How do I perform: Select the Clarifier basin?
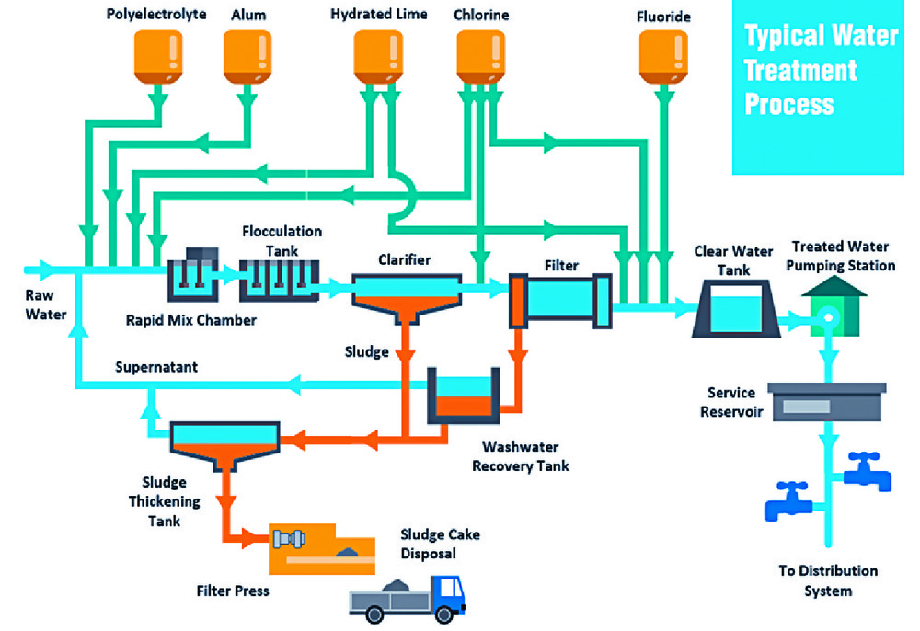tap(406, 296)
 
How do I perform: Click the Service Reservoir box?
tap(826, 402)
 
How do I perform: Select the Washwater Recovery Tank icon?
tap(464, 396)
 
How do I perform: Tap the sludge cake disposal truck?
tap(406, 597)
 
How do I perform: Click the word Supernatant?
tap(155, 367)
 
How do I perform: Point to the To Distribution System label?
tap(828, 580)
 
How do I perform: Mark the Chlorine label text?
tap(481, 15)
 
